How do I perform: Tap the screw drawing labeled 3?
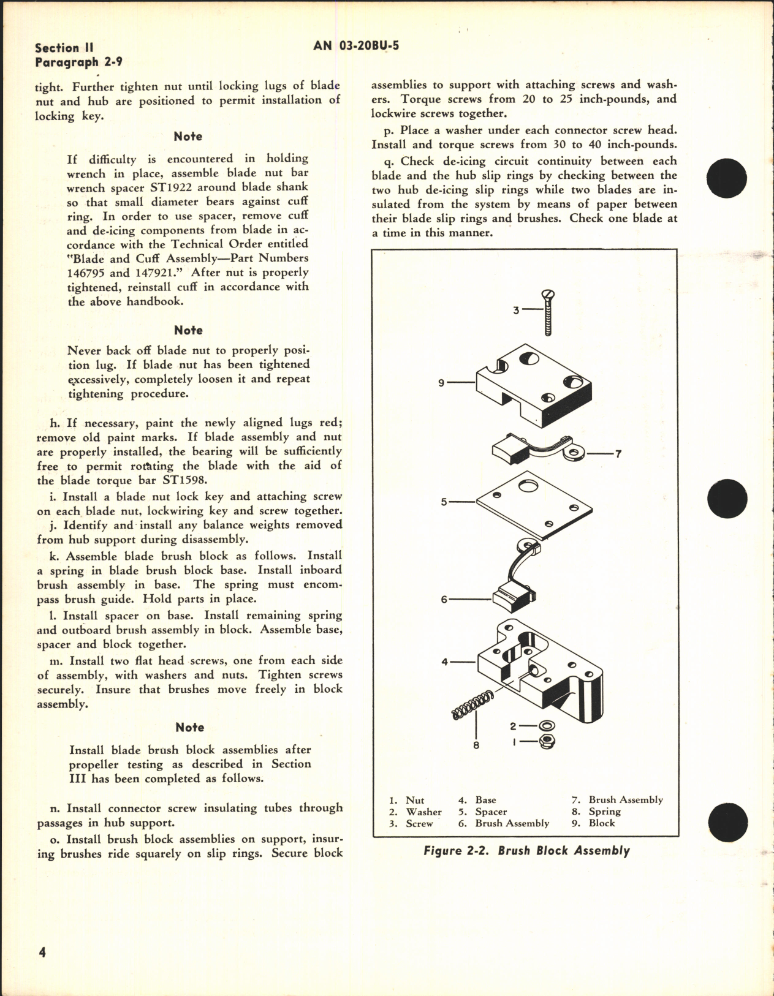(547, 312)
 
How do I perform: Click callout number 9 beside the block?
(441, 383)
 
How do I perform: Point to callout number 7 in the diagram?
(618, 454)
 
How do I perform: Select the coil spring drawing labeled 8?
(472, 705)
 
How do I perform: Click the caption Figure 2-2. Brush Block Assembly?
(526, 851)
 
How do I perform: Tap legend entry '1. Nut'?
(406, 801)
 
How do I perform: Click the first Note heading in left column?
(188, 136)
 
